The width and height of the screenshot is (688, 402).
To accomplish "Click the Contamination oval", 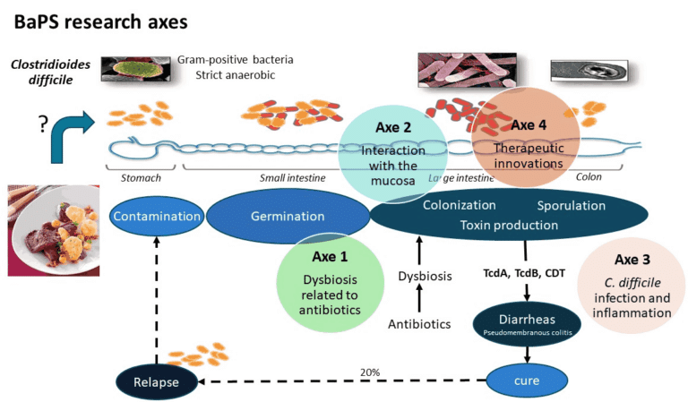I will click(x=156, y=217).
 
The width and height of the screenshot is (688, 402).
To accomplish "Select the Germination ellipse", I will click(x=288, y=217).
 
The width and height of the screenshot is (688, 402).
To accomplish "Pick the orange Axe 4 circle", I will click(x=532, y=137).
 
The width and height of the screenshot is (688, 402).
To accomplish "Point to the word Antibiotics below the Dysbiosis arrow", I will click(x=418, y=323).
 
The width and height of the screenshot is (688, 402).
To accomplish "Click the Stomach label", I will click(x=141, y=177).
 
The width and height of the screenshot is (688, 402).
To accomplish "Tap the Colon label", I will click(x=588, y=177).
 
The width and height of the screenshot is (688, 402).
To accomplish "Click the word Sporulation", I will click(x=572, y=205).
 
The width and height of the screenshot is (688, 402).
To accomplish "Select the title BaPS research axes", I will click(x=99, y=19).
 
